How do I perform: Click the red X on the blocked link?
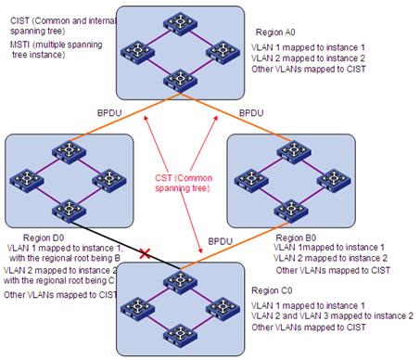tap(143, 251)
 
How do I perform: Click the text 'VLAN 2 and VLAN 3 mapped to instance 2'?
tap(313, 316)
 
